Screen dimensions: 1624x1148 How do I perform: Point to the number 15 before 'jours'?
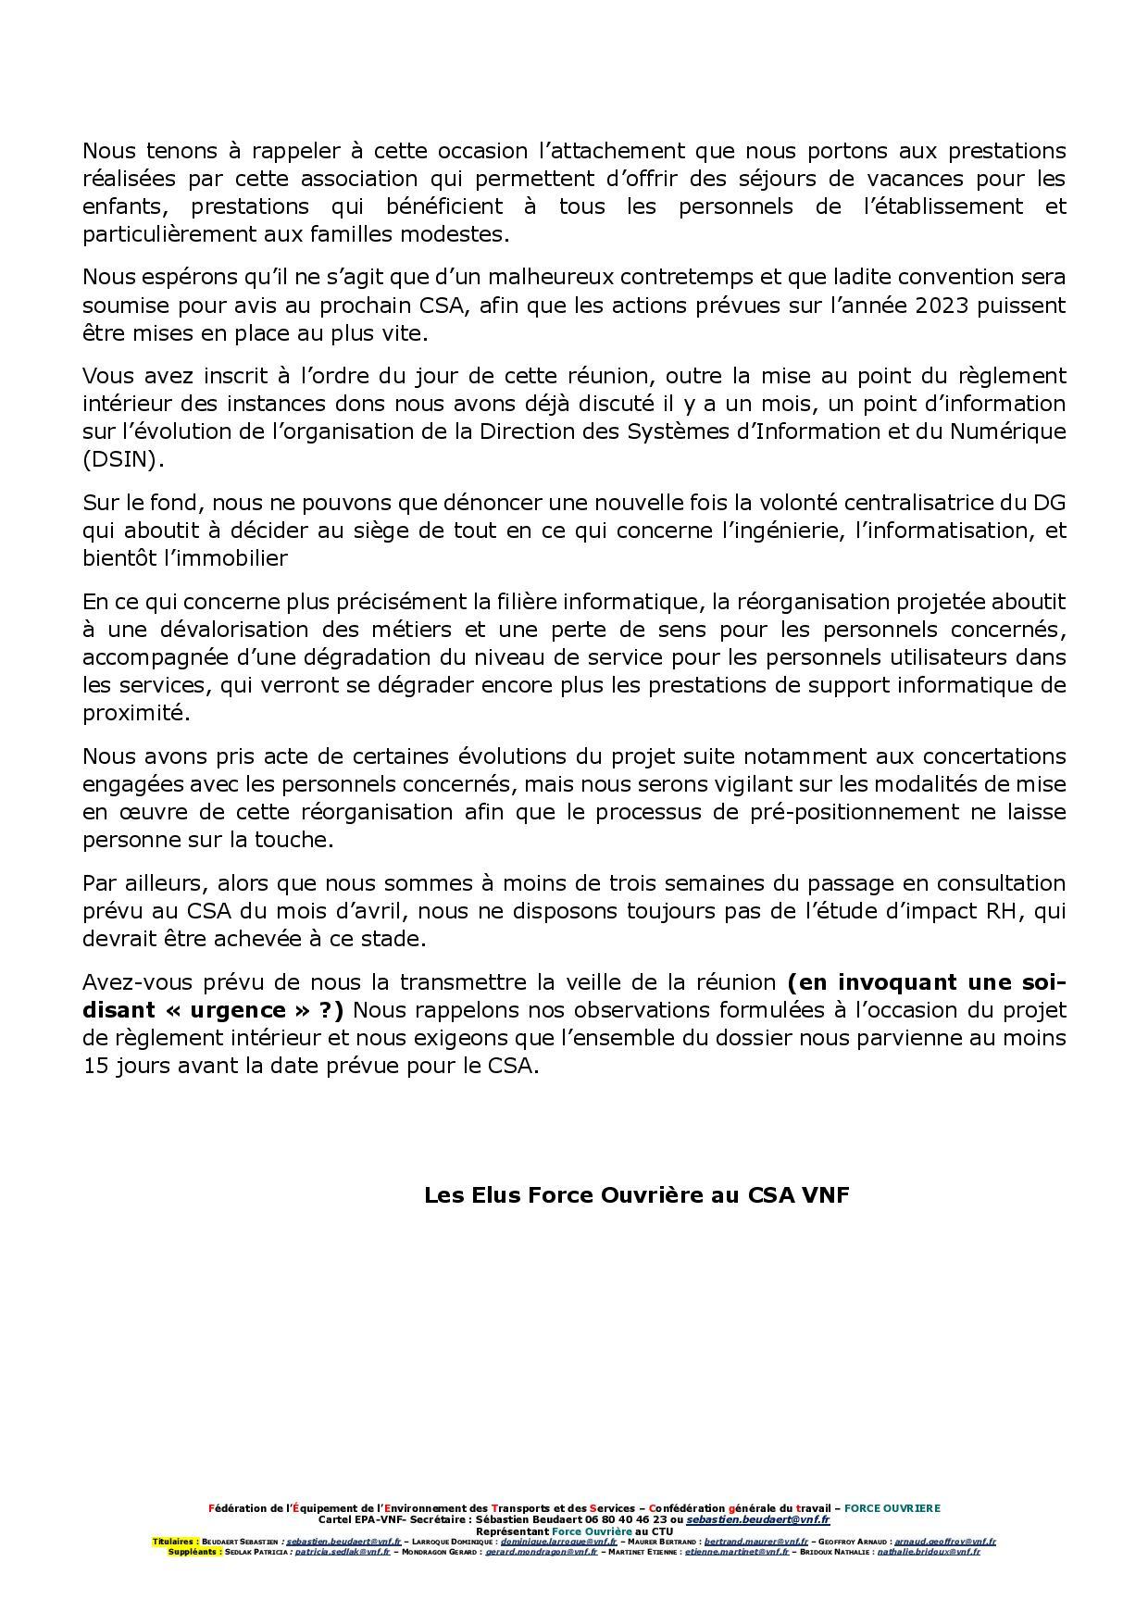95,1065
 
